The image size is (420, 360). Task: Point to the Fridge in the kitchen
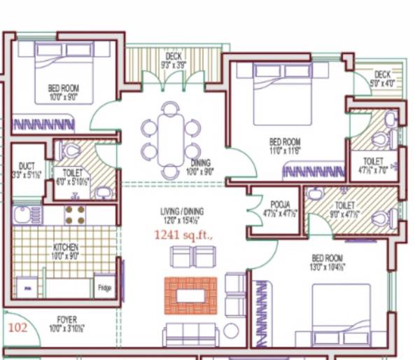coord(104,286)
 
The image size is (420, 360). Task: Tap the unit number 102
coord(18,326)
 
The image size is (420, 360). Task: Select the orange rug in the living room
coord(190,296)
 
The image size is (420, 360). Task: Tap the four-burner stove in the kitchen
coord(75,214)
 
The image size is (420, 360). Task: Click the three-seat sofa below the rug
coord(191,334)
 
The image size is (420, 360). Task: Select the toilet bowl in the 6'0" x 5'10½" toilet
coord(71,150)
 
